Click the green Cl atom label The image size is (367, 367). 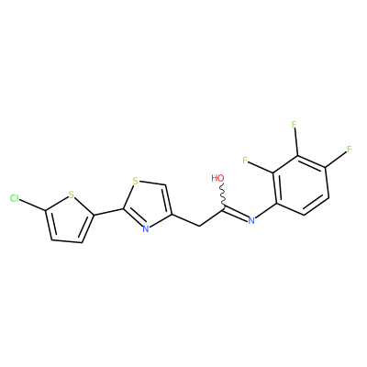coord(15,198)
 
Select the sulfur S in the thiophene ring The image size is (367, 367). coord(72,195)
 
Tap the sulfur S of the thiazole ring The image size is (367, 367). coord(136,181)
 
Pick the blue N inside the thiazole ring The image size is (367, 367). coord(146,228)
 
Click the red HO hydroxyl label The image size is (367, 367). coord(217,178)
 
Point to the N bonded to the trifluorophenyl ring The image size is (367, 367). coord(251,220)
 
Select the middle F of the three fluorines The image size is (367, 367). coord(295,125)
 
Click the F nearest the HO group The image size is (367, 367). coord(245,160)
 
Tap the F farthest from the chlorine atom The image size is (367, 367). coord(350,150)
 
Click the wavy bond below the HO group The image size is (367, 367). coord(222,195)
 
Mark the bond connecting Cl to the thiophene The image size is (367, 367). coord(33,205)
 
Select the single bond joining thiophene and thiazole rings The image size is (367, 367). coord(108,212)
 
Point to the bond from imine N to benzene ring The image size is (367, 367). coord(265,211)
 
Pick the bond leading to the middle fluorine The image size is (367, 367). coord(296,143)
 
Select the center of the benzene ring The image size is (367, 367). coord(301,185)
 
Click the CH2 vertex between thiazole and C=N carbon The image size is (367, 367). coord(199,226)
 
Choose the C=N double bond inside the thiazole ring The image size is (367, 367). coord(133,218)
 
